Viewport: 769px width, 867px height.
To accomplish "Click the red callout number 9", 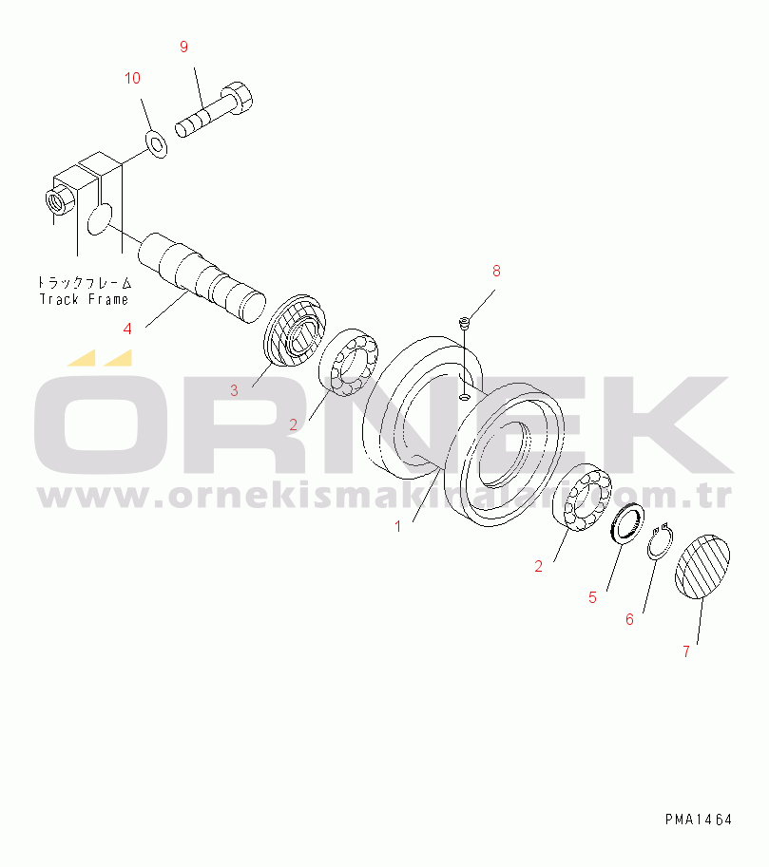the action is [184, 47].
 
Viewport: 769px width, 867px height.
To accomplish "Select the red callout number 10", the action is [132, 79].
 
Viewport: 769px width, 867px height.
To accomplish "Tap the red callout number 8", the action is [496, 271].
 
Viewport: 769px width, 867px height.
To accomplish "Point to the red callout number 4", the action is [127, 329].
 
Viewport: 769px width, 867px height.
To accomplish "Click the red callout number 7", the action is [686, 651].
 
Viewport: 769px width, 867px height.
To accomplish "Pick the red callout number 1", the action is [397, 526].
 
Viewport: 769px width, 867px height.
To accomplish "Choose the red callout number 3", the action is [234, 391].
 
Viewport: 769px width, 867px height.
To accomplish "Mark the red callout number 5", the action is [592, 597].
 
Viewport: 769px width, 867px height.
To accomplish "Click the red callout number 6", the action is [629, 619].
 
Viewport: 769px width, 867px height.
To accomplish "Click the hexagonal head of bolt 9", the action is [238, 98].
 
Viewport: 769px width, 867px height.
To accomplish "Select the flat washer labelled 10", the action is [157, 143].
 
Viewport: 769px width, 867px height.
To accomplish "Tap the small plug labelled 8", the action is [464, 321].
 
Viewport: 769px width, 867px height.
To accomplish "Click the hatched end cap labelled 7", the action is [702, 567].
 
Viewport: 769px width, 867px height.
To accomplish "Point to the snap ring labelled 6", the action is [661, 542].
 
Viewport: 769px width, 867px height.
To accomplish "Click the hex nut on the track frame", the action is [58, 200].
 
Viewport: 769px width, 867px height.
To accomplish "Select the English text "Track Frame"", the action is [84, 300].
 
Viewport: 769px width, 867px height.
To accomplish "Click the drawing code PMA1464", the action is [699, 820].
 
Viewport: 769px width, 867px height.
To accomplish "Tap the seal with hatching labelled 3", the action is [294, 330].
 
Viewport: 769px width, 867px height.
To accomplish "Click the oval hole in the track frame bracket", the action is [100, 219].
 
